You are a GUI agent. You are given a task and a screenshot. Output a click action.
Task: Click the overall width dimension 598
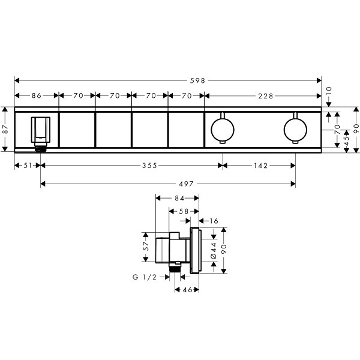(x=197, y=80)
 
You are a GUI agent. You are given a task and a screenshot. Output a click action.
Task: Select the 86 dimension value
(x=37, y=95)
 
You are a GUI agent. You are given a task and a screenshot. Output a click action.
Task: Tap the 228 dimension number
(x=266, y=96)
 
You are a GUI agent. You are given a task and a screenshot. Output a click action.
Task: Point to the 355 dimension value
(x=149, y=166)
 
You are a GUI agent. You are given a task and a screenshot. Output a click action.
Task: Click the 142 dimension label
(x=261, y=166)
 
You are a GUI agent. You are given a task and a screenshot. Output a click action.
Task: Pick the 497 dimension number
(x=186, y=184)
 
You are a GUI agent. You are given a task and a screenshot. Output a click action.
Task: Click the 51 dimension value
(x=28, y=166)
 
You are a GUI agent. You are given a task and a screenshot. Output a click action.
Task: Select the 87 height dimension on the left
(x=5, y=129)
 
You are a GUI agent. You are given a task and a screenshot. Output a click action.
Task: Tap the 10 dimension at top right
(x=329, y=91)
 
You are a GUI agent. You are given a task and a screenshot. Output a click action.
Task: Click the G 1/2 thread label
(x=145, y=277)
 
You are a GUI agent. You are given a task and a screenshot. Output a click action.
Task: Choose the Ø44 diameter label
(x=214, y=250)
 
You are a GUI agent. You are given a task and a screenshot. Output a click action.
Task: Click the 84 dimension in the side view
(x=179, y=198)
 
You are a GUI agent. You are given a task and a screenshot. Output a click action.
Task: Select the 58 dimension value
(x=184, y=211)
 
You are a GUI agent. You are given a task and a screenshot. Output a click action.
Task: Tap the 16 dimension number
(x=214, y=221)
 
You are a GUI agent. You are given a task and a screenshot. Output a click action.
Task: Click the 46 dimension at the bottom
(x=187, y=290)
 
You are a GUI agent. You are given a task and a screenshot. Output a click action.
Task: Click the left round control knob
(x=223, y=129)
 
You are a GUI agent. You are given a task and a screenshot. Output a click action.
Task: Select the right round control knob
(x=295, y=129)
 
